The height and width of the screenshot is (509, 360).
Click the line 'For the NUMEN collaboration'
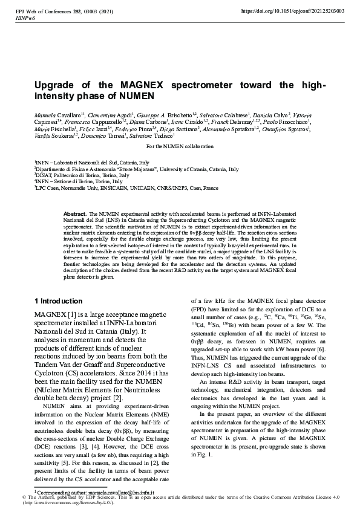(180, 147)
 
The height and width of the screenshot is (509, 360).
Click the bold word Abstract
(75, 214)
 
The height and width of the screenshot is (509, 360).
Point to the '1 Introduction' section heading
(58, 301)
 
